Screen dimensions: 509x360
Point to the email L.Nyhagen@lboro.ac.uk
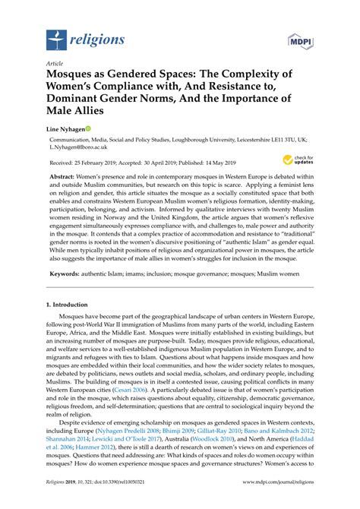(83, 151)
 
